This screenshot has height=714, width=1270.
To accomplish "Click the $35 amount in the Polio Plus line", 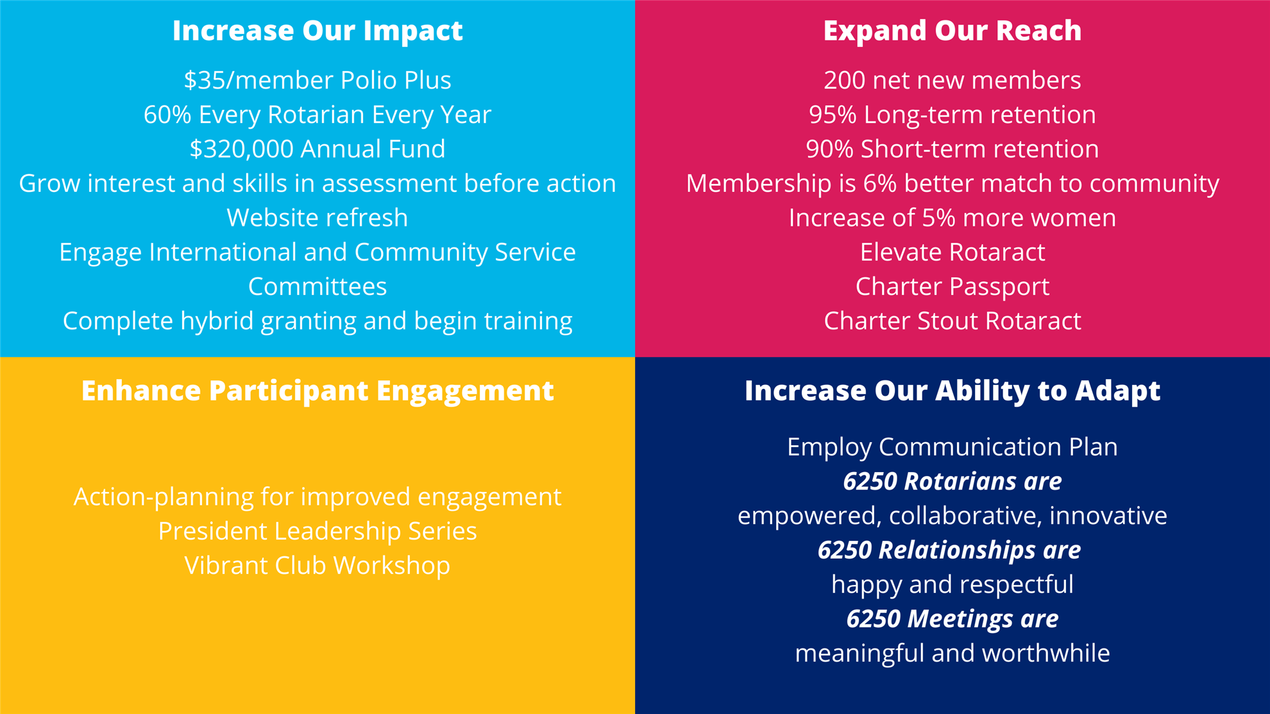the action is (205, 80).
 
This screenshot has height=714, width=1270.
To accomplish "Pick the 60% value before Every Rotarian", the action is (167, 115).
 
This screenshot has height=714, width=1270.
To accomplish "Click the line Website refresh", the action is (317, 218).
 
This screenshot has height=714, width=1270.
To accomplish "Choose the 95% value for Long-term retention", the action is (833, 115).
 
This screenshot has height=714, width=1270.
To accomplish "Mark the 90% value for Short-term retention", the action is (830, 149).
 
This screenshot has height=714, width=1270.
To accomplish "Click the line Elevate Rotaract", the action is (952, 252).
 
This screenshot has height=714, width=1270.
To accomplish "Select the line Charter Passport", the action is (952, 287).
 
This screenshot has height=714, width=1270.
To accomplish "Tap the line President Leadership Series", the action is (317, 531).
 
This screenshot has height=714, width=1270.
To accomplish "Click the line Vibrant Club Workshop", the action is (317, 566).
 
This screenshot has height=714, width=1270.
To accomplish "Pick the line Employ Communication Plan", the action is (952, 447).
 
